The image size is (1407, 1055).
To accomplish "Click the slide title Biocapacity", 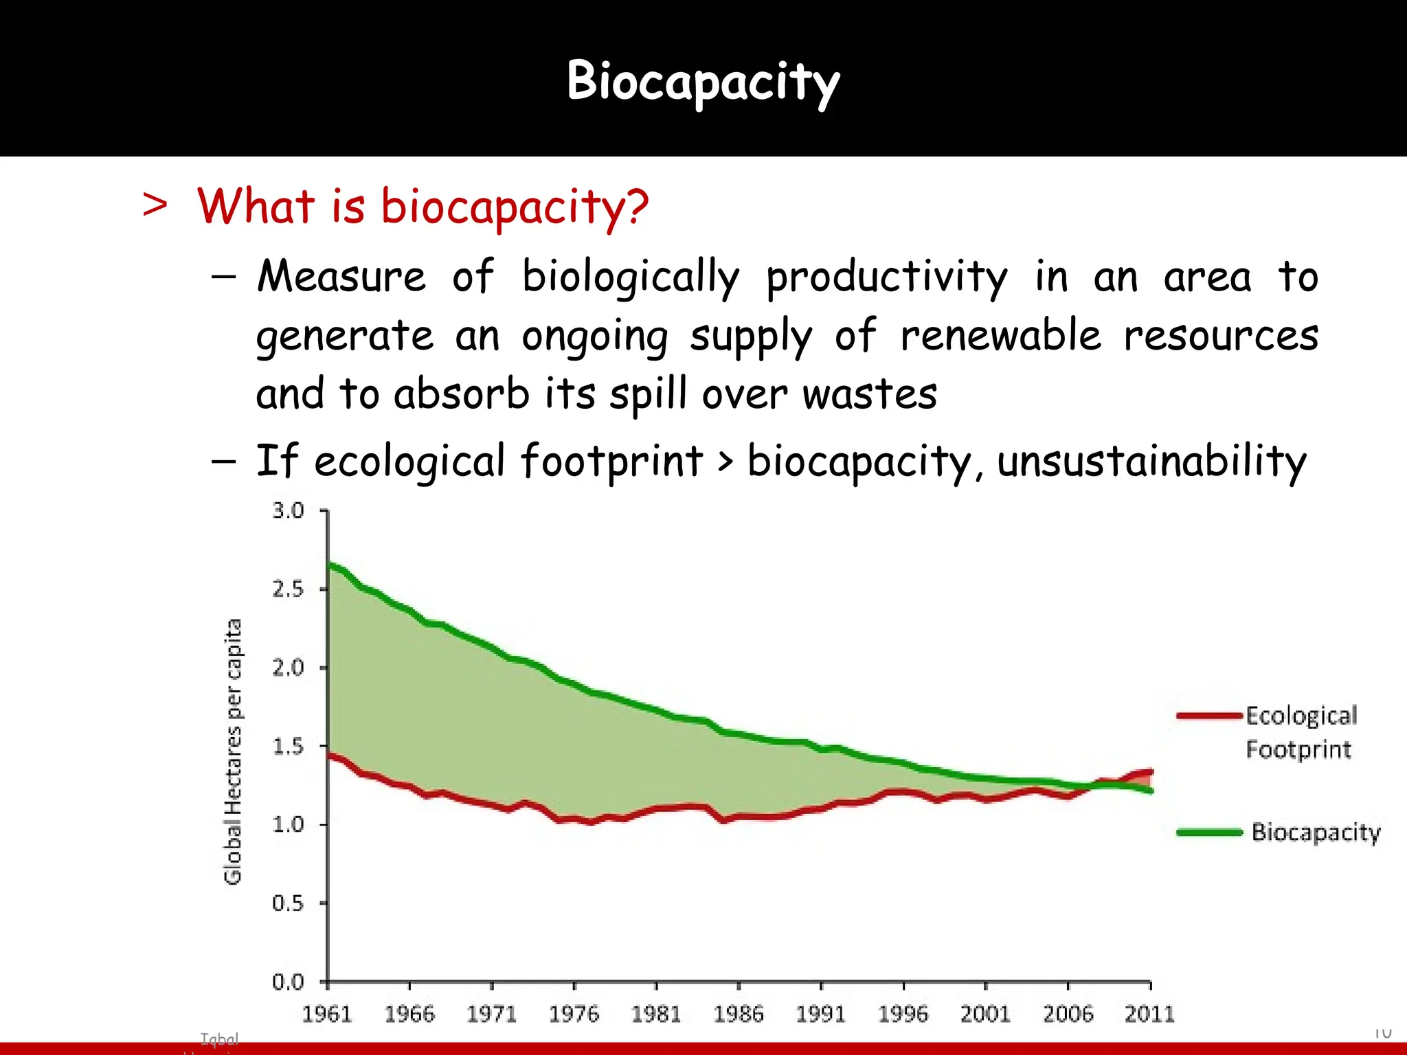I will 703,81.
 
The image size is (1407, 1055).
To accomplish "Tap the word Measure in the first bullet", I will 341,276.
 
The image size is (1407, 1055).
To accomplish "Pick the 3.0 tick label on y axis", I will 288,510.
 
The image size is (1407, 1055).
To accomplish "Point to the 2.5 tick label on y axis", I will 288,589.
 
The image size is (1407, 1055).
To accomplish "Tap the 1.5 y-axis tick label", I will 288,746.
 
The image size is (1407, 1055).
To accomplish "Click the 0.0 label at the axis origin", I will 288,982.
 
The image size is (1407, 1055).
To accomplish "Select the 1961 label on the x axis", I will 327,1014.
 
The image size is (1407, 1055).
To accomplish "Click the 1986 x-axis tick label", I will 739,1014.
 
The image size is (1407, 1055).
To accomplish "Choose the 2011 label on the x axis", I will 1149,1014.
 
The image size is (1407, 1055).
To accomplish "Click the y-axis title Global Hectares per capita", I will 233,751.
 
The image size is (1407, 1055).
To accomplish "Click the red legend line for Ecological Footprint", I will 1209,716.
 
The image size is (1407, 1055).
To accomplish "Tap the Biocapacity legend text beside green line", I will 1316,832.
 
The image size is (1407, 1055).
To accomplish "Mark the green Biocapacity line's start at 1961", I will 330,565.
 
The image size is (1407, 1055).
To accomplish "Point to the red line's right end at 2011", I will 1150,772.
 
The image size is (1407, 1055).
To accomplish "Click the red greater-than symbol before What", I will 155,205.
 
